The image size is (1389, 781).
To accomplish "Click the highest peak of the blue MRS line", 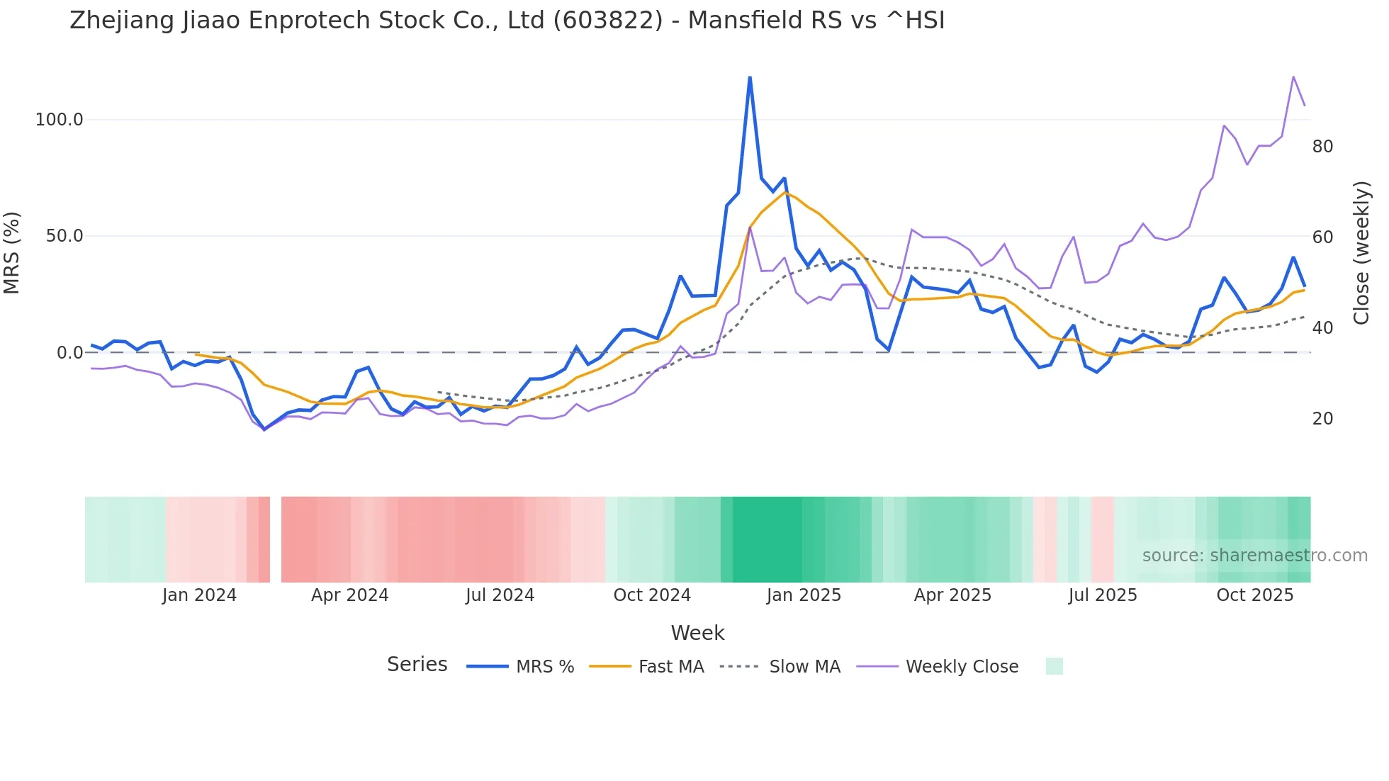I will click(750, 77).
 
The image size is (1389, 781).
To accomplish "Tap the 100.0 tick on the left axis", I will click(60, 120).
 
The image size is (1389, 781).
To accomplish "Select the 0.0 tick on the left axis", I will click(69, 353).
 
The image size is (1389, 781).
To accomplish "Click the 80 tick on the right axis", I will click(1322, 147).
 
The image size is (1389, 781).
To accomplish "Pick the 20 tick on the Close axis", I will click(1322, 419).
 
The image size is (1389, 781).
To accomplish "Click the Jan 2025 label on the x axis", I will click(804, 595).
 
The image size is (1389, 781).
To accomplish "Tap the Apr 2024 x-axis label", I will click(350, 595).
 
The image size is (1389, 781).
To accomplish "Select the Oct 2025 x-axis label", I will click(1255, 595).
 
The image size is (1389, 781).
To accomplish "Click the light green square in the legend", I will click(1054, 666).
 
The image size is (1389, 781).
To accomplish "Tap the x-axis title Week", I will click(697, 633).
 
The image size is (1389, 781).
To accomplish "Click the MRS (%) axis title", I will click(12, 253).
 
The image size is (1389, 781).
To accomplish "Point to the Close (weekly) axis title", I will click(1361, 253).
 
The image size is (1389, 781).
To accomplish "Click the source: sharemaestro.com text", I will click(1254, 556).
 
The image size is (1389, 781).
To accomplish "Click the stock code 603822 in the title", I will click(607, 21).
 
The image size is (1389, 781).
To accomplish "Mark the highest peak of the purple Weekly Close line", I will click(1293, 77).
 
